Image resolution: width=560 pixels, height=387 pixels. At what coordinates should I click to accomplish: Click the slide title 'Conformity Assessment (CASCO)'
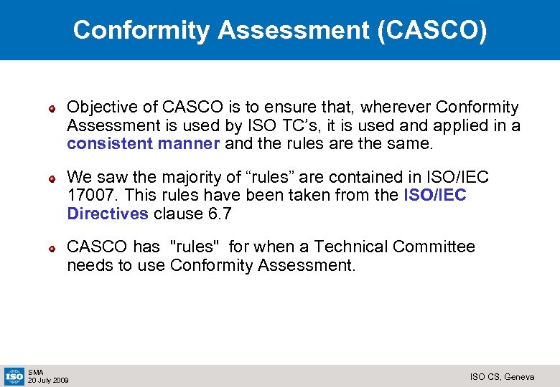pos(280,30)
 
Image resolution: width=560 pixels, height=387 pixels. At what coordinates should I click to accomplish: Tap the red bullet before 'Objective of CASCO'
pos(52,109)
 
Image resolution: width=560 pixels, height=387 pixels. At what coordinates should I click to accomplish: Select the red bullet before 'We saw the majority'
pos(52,178)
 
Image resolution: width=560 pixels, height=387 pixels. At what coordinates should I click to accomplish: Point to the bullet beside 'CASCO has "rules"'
pos(52,249)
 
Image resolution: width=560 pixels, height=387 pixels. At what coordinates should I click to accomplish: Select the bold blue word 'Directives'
pos(108,214)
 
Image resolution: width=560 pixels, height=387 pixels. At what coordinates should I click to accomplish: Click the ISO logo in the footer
pos(14,376)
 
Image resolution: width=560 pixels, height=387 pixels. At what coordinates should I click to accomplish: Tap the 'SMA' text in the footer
pos(36,372)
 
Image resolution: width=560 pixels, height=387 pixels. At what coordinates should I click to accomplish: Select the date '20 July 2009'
pos(48,380)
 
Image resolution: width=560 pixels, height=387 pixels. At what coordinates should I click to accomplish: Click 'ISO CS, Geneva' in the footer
pos(502,376)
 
